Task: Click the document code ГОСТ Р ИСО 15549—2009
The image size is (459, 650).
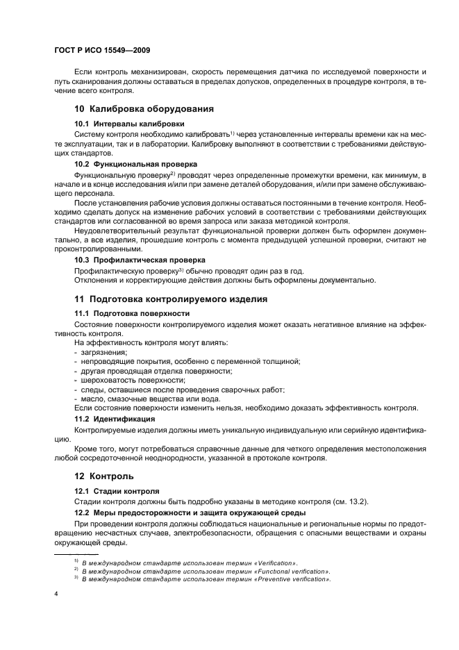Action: pyautogui.click(x=102, y=51)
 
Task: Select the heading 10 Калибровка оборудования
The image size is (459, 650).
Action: pyautogui.click(x=143, y=108)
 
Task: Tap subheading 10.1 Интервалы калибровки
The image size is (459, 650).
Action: pyautogui.click(x=118, y=123)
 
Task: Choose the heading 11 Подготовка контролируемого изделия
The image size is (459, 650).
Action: pyautogui.click(x=170, y=299)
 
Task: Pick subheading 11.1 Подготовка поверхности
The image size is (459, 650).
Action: pyautogui.click(x=122, y=314)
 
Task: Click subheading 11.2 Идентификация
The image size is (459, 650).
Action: pyautogui.click(x=110, y=419)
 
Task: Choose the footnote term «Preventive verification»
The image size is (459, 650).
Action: pyautogui.click(x=291, y=578)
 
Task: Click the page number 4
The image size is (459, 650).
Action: pyautogui.click(x=56, y=594)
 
